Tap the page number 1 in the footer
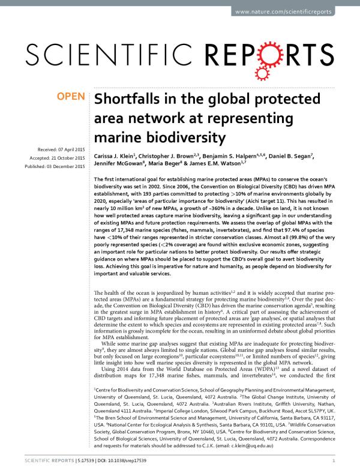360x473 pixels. click(x=333, y=460)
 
